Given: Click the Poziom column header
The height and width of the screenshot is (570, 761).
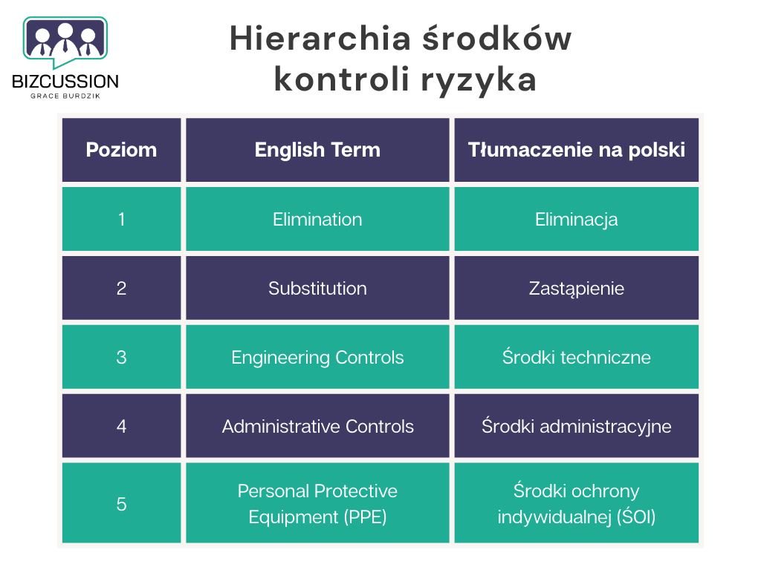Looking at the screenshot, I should [x=121, y=150].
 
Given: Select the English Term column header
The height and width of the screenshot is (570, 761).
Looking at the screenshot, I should [x=317, y=150].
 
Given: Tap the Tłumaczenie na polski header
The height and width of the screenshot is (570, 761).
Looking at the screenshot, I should [x=576, y=150].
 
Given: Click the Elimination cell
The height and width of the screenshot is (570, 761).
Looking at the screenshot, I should [x=317, y=220].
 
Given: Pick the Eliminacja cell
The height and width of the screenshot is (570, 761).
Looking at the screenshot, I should [x=576, y=220].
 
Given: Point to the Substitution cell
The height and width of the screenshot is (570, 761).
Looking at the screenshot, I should [x=317, y=289].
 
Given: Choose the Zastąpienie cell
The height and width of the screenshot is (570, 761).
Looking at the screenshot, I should [x=576, y=289].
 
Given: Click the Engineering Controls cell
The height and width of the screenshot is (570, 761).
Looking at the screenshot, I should [x=317, y=358].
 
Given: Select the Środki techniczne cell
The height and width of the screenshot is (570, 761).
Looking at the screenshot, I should [x=576, y=358].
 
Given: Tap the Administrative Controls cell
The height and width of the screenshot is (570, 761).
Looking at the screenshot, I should [x=317, y=427].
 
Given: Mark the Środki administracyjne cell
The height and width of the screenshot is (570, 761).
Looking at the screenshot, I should [x=576, y=427].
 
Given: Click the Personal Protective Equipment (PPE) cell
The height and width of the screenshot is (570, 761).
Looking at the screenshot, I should [x=317, y=504].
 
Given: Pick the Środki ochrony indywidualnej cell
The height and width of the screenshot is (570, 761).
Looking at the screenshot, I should [x=576, y=504].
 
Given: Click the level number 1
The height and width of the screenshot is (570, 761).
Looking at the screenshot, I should [x=121, y=220].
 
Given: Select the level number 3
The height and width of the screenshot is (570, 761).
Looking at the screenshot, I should [x=121, y=358].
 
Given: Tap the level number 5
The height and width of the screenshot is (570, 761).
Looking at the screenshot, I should [x=121, y=504].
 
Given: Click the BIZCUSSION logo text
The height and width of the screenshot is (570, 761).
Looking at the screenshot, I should [x=65, y=81].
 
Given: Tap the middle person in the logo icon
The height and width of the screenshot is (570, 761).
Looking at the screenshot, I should [x=65, y=39].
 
